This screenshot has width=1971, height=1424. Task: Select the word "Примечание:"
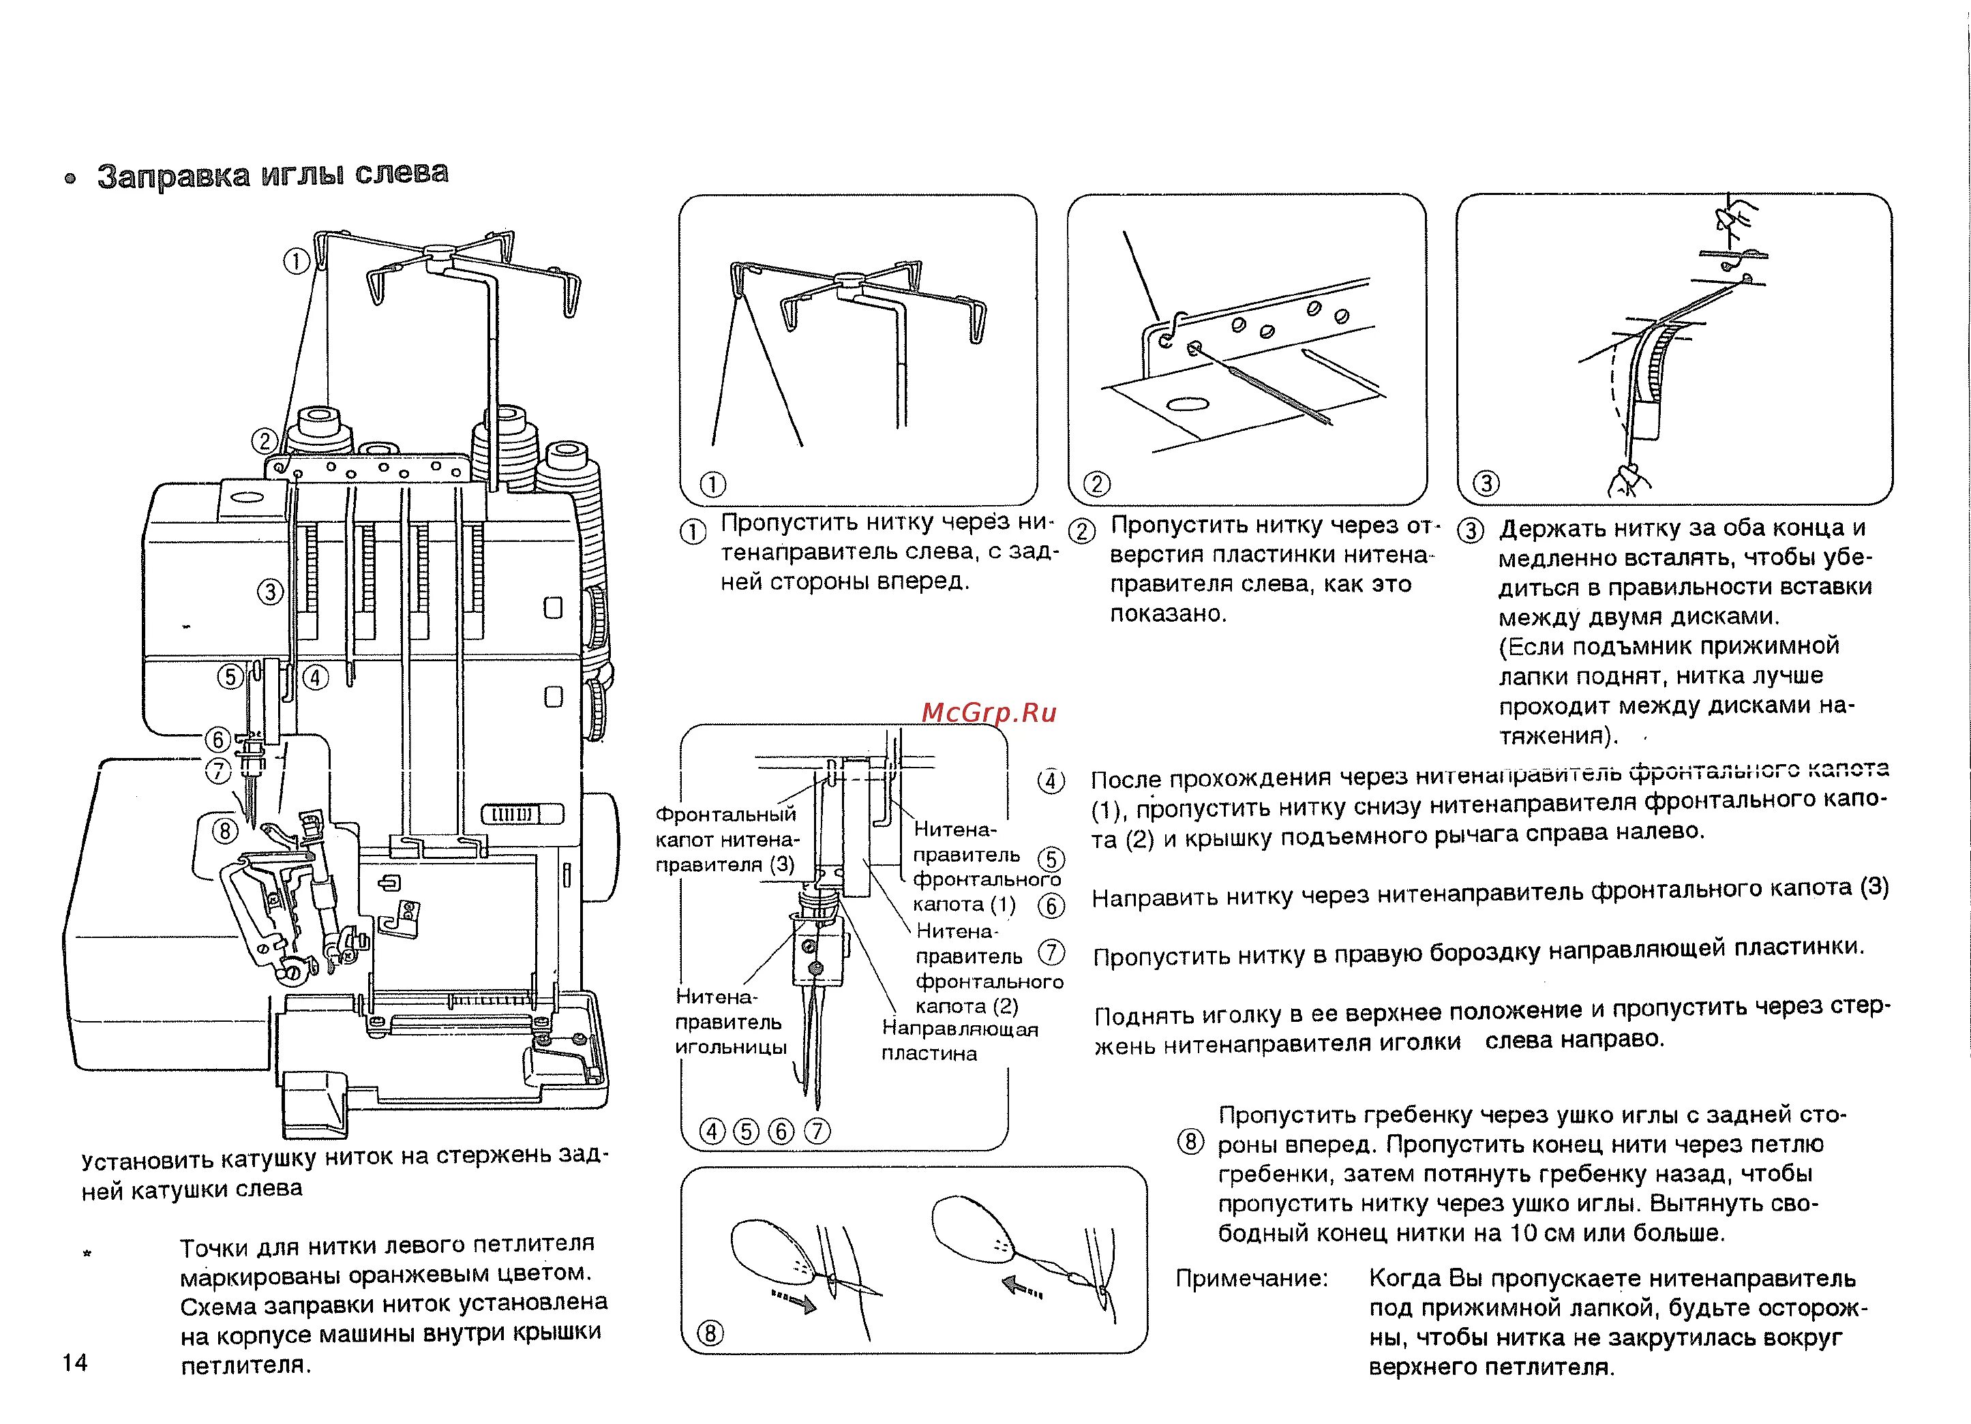click(x=1252, y=1278)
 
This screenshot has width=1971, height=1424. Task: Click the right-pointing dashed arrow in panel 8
click(x=794, y=1301)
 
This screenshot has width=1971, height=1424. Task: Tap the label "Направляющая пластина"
click(x=959, y=1041)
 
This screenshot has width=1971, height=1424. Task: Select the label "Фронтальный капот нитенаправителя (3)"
click(x=725, y=839)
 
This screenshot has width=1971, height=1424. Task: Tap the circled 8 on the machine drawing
click(x=225, y=832)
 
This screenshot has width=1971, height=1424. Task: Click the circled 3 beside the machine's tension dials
click(x=270, y=592)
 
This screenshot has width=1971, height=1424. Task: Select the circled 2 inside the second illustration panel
click(x=1097, y=484)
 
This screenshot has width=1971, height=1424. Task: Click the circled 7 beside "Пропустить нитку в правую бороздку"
click(x=1051, y=952)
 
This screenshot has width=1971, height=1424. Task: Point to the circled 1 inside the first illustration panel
click(x=712, y=484)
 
